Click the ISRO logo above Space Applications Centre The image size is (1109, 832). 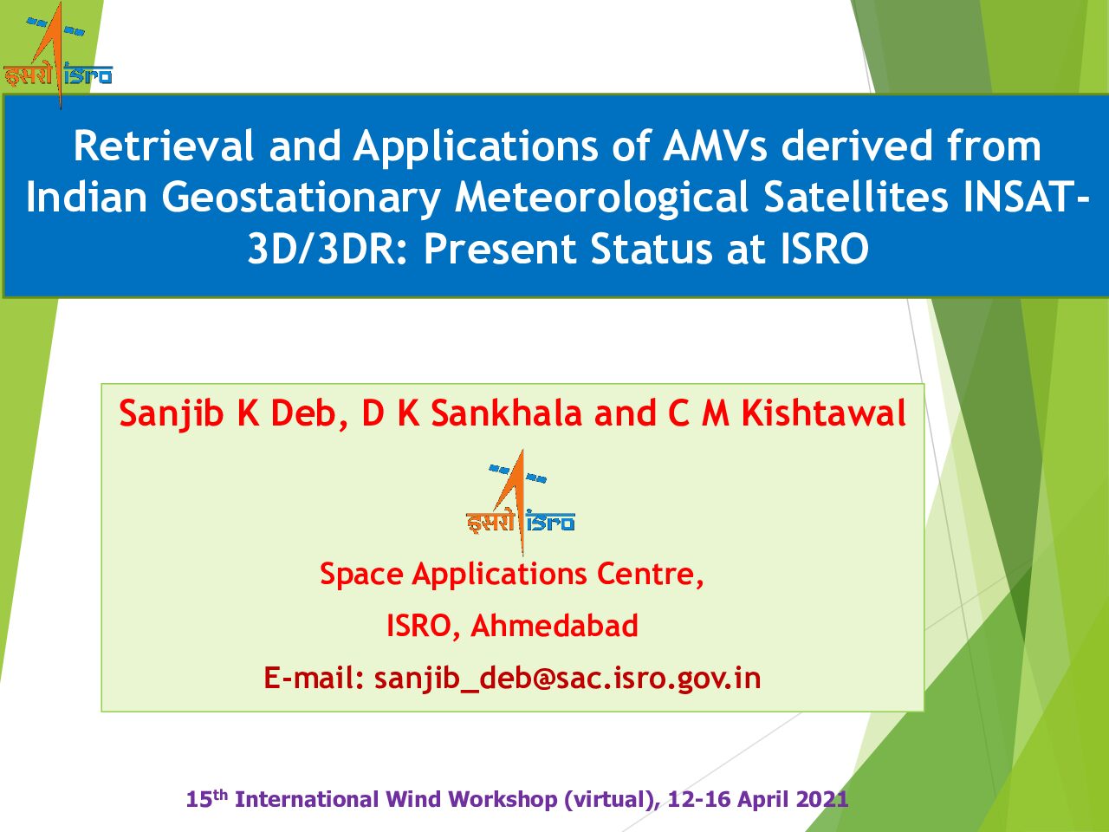521,502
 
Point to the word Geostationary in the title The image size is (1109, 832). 302,198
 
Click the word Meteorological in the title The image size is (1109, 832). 602,198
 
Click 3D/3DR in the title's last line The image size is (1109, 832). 327,249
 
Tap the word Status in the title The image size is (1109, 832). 652,249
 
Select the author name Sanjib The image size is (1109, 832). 172,414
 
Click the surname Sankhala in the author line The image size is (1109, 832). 507,413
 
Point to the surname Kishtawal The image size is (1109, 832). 823,413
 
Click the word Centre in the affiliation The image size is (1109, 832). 650,575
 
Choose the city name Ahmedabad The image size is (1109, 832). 554,626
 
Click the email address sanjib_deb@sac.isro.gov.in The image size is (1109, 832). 567,679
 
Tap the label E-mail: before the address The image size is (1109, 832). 315,678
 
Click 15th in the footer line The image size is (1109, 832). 207,798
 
